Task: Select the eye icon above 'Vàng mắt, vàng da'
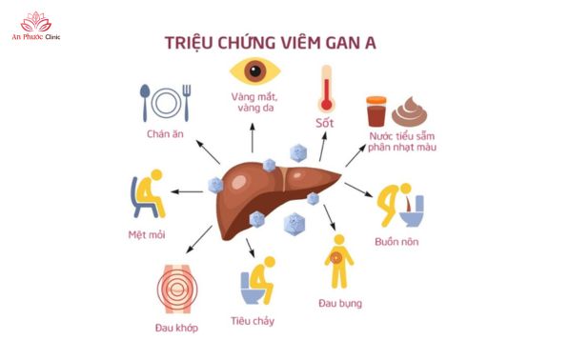254,73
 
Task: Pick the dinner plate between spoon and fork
168,103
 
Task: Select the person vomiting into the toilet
398,204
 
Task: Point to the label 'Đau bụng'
339,304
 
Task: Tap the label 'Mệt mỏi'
145,235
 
